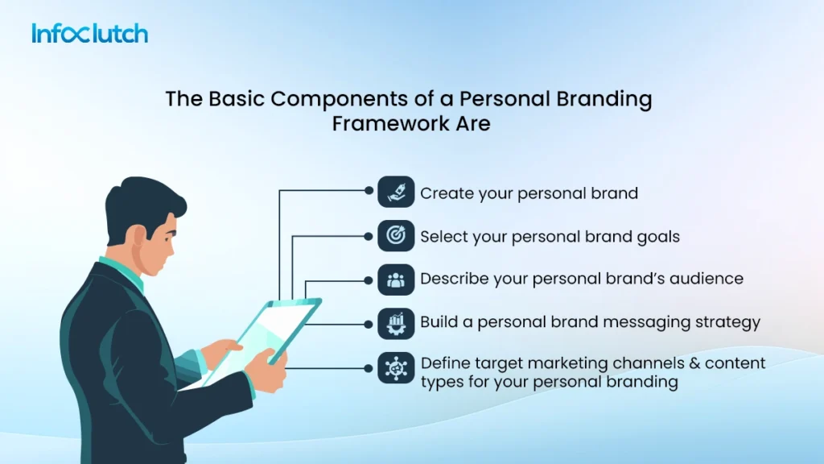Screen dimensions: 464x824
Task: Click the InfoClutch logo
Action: tap(89, 34)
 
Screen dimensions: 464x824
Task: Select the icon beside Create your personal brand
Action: tap(396, 193)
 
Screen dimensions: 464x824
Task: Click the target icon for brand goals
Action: tap(396, 236)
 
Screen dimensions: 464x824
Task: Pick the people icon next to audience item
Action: tap(396, 280)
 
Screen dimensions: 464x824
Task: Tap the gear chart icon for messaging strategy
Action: tap(396, 323)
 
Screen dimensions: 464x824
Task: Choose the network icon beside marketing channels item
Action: tap(396, 368)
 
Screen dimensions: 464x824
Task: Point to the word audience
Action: tap(704, 280)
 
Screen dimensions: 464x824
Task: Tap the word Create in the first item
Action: tap(443, 193)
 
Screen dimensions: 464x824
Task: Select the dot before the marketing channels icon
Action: tap(369, 368)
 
